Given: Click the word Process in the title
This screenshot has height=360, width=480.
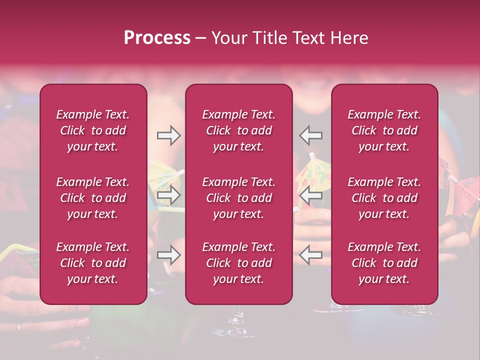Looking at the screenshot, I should tap(157, 38).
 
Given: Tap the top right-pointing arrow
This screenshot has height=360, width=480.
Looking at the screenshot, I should tap(169, 135).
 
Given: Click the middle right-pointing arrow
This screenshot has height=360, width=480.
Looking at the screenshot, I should tap(169, 195).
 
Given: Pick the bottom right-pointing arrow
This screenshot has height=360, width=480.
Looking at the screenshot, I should tap(169, 255).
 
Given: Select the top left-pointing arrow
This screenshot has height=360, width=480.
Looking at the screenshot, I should tap(310, 135).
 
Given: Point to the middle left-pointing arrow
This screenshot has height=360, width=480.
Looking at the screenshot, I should tap(310, 195).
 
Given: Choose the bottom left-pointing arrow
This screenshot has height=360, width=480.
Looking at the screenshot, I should tap(310, 255).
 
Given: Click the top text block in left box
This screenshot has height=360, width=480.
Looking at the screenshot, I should tap(93, 130).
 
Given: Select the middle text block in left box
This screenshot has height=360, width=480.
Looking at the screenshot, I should tap(93, 198).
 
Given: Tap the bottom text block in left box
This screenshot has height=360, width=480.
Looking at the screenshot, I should tap(93, 263).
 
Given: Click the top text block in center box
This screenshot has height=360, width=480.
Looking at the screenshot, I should tap(238, 130).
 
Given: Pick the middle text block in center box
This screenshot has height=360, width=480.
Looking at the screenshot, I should tap(238, 198).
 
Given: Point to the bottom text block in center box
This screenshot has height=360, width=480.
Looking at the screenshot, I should tap(238, 263).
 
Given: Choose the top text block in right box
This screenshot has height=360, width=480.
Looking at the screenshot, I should tap(384, 130).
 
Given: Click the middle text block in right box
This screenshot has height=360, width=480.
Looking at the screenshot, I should tap(384, 198).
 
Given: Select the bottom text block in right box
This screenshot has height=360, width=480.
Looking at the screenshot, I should tap(384, 263).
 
